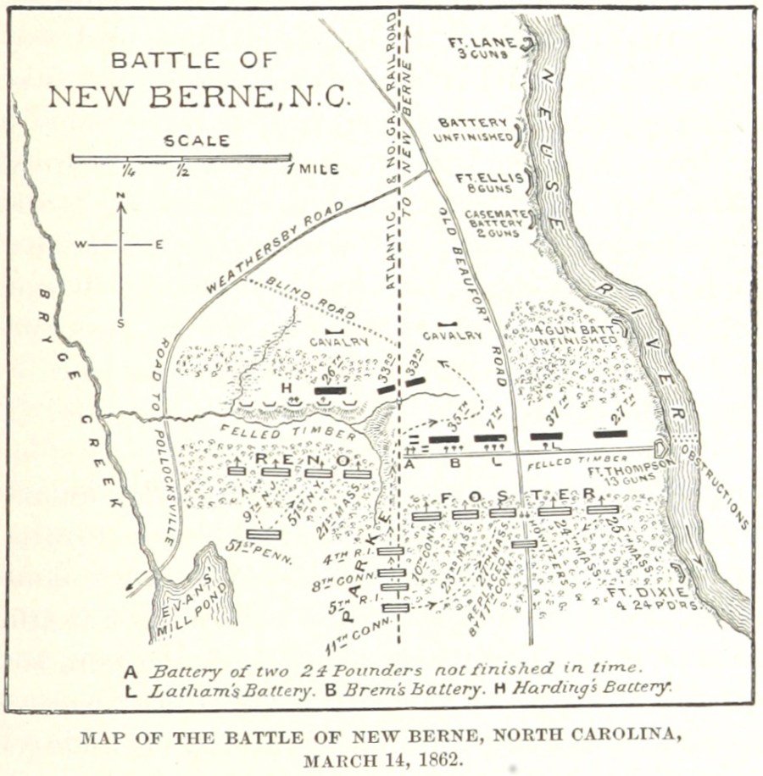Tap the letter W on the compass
[80, 245]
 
